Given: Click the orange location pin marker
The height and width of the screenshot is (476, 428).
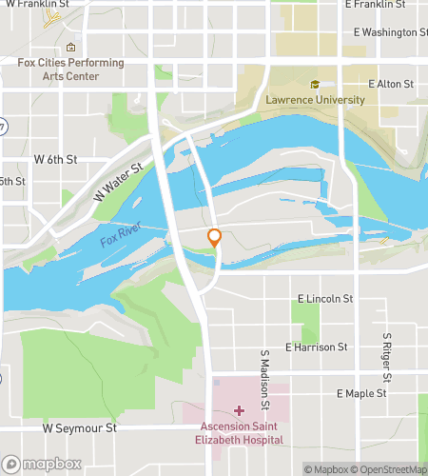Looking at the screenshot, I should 215,238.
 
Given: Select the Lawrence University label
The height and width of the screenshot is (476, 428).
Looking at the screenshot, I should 315,99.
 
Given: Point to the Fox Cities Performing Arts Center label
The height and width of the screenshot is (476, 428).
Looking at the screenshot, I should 71,69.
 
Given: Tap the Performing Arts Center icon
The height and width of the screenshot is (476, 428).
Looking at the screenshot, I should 70,48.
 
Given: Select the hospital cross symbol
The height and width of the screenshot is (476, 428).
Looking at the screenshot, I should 238,410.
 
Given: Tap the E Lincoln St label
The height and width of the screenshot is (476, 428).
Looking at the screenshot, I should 324,299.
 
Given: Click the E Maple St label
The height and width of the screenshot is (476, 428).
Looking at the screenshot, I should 361,393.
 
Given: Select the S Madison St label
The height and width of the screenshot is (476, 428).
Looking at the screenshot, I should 264,372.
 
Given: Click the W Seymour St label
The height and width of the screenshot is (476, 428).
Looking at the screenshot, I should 80,428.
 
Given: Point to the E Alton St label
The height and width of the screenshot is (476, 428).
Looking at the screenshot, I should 390,85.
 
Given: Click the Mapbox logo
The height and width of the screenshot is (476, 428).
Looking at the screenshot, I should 40,465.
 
